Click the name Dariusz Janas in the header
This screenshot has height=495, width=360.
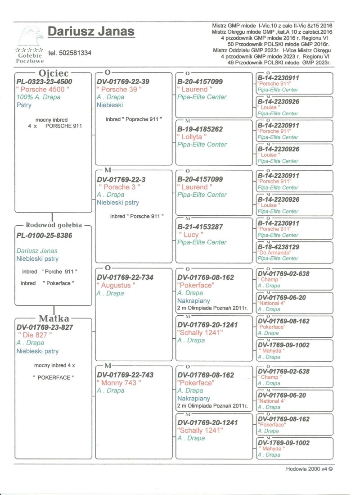coord(91,32)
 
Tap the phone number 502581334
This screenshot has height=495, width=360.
coord(70,53)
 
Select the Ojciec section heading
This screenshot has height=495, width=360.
coord(53,73)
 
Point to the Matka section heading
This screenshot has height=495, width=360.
coord(54,319)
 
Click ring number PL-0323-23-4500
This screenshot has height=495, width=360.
coord(44,82)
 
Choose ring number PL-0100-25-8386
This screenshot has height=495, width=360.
coord(44,235)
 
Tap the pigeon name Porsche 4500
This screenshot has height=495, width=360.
coord(43,90)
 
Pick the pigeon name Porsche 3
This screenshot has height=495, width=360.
coord(119,187)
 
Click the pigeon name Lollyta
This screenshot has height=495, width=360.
coord(192,136)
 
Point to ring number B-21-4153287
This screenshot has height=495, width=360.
coord(200,227)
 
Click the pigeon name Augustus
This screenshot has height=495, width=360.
coord(116,285)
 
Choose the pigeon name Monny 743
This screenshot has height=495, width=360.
coord(119,383)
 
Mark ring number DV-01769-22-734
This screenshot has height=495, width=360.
coord(125,277)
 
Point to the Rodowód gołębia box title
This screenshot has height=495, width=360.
coord(54,225)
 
